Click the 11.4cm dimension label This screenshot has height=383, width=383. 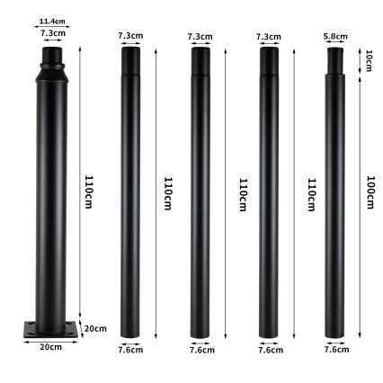tap(52, 21)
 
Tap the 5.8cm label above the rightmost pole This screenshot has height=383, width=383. tap(335, 36)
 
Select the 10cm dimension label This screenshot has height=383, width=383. tap(369, 60)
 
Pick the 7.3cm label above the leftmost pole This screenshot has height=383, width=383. tap(52, 32)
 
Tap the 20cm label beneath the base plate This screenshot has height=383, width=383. tap(49, 346)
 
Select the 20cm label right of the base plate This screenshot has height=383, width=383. tap(94, 329)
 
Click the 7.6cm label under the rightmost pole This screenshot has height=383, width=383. tap(336, 350)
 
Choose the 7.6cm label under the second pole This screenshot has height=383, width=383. tap(130, 350)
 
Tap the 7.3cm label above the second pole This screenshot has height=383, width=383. tap(130, 36)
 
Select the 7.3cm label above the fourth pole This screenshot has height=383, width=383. tap(268, 37)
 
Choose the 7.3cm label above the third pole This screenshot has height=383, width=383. tap(200, 37)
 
